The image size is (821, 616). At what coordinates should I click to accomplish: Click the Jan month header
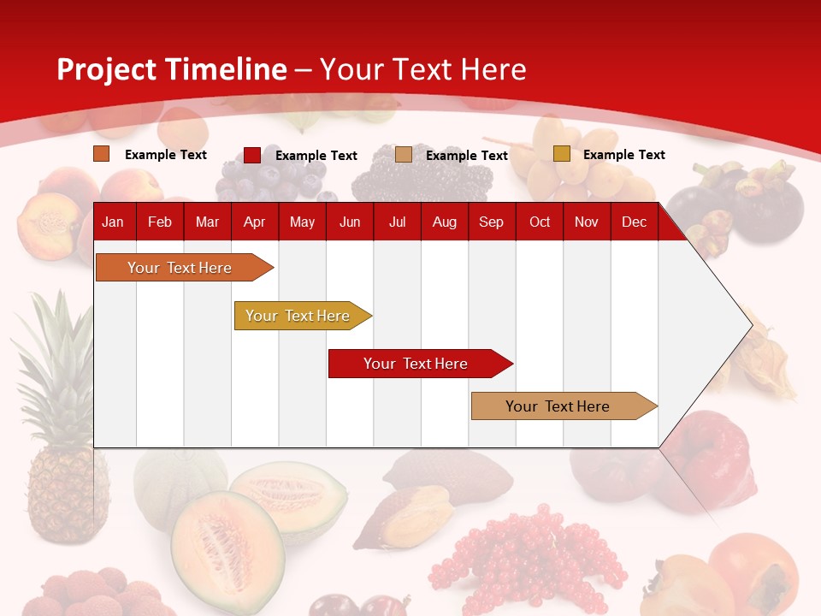(113, 222)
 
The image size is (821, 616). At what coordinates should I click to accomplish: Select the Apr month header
(254, 222)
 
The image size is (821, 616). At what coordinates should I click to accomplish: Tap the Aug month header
(444, 222)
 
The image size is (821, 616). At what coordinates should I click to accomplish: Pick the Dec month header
(634, 222)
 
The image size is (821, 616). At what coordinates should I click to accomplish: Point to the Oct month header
(539, 222)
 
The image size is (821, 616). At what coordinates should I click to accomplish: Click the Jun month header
(349, 222)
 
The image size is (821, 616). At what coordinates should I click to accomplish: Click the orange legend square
(101, 154)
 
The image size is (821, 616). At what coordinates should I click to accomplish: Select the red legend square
(251, 155)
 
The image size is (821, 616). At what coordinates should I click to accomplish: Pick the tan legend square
(403, 155)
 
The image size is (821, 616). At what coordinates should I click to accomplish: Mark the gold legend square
(561, 154)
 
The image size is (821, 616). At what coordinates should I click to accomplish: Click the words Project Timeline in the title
(171, 69)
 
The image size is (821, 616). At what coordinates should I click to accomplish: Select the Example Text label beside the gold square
(623, 155)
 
